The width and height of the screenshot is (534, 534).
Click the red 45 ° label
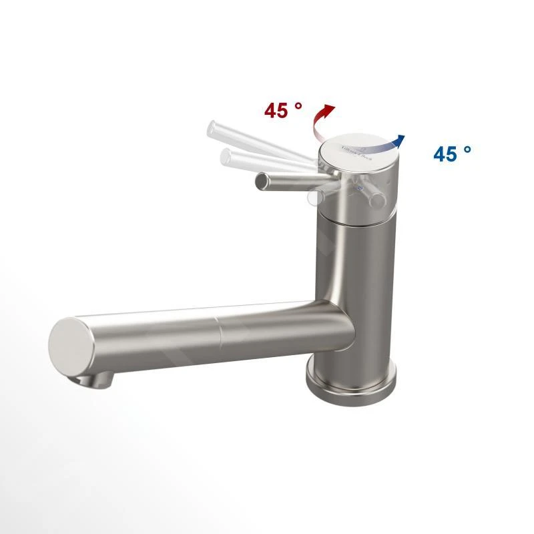click(x=283, y=110)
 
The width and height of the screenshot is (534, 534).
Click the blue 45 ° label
click(x=452, y=154)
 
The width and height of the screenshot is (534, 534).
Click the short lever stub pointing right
click(x=375, y=197)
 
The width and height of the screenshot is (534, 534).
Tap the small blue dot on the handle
click(x=361, y=189)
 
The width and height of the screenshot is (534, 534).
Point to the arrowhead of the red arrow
click(x=328, y=108)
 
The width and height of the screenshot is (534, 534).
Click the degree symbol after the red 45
click(x=298, y=104)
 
